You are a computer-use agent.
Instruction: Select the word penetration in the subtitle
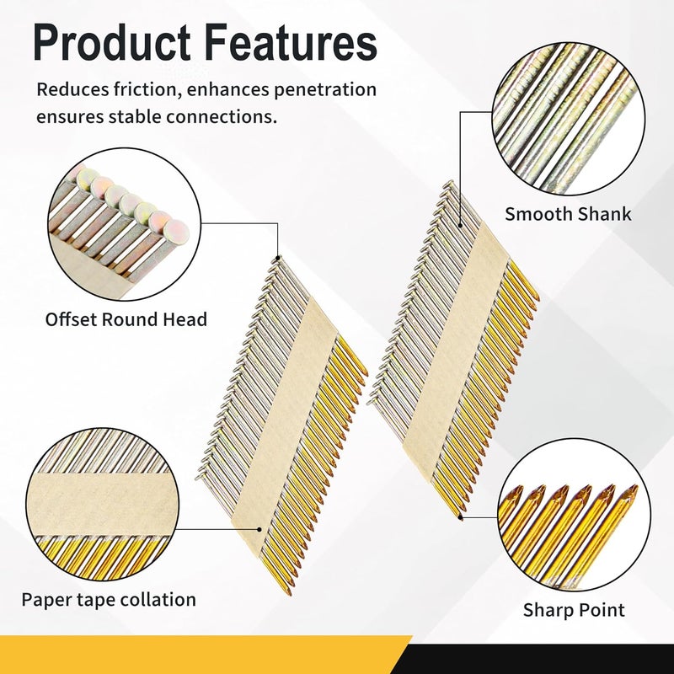click(x=324, y=90)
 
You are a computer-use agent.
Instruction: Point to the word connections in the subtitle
click(x=218, y=116)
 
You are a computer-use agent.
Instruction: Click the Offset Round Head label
click(x=126, y=319)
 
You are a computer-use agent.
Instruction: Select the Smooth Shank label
click(x=568, y=213)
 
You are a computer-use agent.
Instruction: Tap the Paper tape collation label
click(x=109, y=600)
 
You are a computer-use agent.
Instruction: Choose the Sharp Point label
click(x=574, y=609)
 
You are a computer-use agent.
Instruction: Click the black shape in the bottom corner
click(x=548, y=657)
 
